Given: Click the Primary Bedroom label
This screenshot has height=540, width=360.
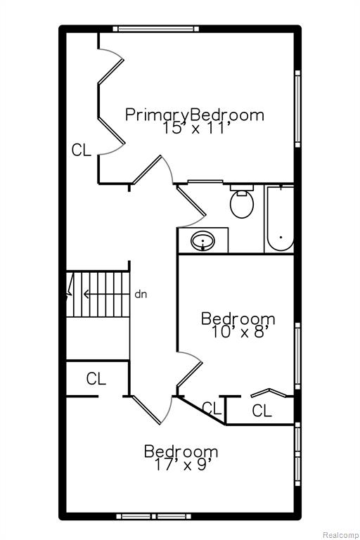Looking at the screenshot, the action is pyautogui.click(x=195, y=115).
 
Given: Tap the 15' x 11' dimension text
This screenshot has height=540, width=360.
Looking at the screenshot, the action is pyautogui.click(x=196, y=128).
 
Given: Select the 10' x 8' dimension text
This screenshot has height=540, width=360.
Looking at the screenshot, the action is pyautogui.click(x=239, y=333).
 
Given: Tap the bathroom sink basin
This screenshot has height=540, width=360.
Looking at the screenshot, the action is pyautogui.click(x=203, y=240).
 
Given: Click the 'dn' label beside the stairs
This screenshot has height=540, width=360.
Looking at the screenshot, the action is pyautogui.click(x=141, y=295).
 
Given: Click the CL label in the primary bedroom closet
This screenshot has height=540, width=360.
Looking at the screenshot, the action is pyautogui.click(x=82, y=150).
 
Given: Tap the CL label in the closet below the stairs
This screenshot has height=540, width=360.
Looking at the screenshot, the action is pyautogui.click(x=96, y=378).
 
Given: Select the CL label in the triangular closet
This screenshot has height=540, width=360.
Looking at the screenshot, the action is pyautogui.click(x=212, y=408).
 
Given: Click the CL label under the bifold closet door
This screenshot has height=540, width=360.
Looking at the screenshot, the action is pyautogui.click(x=262, y=411).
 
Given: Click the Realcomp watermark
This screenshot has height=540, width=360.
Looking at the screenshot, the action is pyautogui.click(x=340, y=535).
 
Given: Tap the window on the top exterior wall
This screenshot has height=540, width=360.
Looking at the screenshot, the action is pyautogui.click(x=155, y=29).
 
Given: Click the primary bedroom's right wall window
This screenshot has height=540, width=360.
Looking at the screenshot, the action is pyautogui.click(x=297, y=109).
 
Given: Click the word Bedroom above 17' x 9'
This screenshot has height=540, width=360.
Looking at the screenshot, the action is pyautogui.click(x=181, y=451).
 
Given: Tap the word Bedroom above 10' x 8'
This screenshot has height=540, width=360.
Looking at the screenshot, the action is pyautogui.click(x=238, y=319).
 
